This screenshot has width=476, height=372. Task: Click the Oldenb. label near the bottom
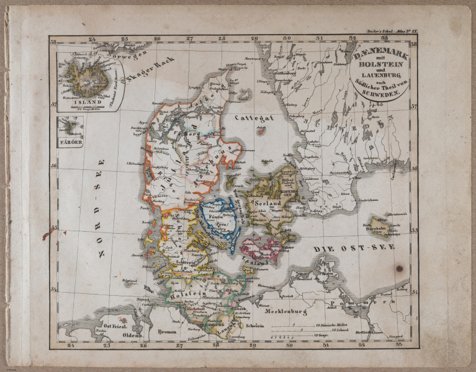tap(132, 336)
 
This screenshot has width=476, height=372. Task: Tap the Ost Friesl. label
tap(116, 326)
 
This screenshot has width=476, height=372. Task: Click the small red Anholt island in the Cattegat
tap(261, 131)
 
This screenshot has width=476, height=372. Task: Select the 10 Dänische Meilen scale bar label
tap(333, 325)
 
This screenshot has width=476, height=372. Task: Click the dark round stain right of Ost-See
tap(399, 268)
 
